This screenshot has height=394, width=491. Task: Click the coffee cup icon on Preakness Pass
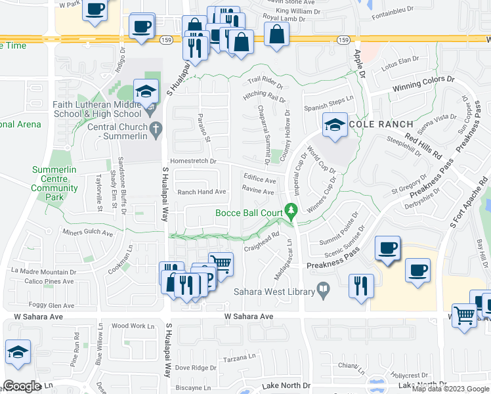click(387, 249)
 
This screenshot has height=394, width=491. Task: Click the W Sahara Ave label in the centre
click(248, 317)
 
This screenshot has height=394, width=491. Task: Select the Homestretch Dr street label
click(193, 160)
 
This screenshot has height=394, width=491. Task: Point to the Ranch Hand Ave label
click(202, 192)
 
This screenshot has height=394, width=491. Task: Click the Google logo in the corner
click(21, 386)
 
